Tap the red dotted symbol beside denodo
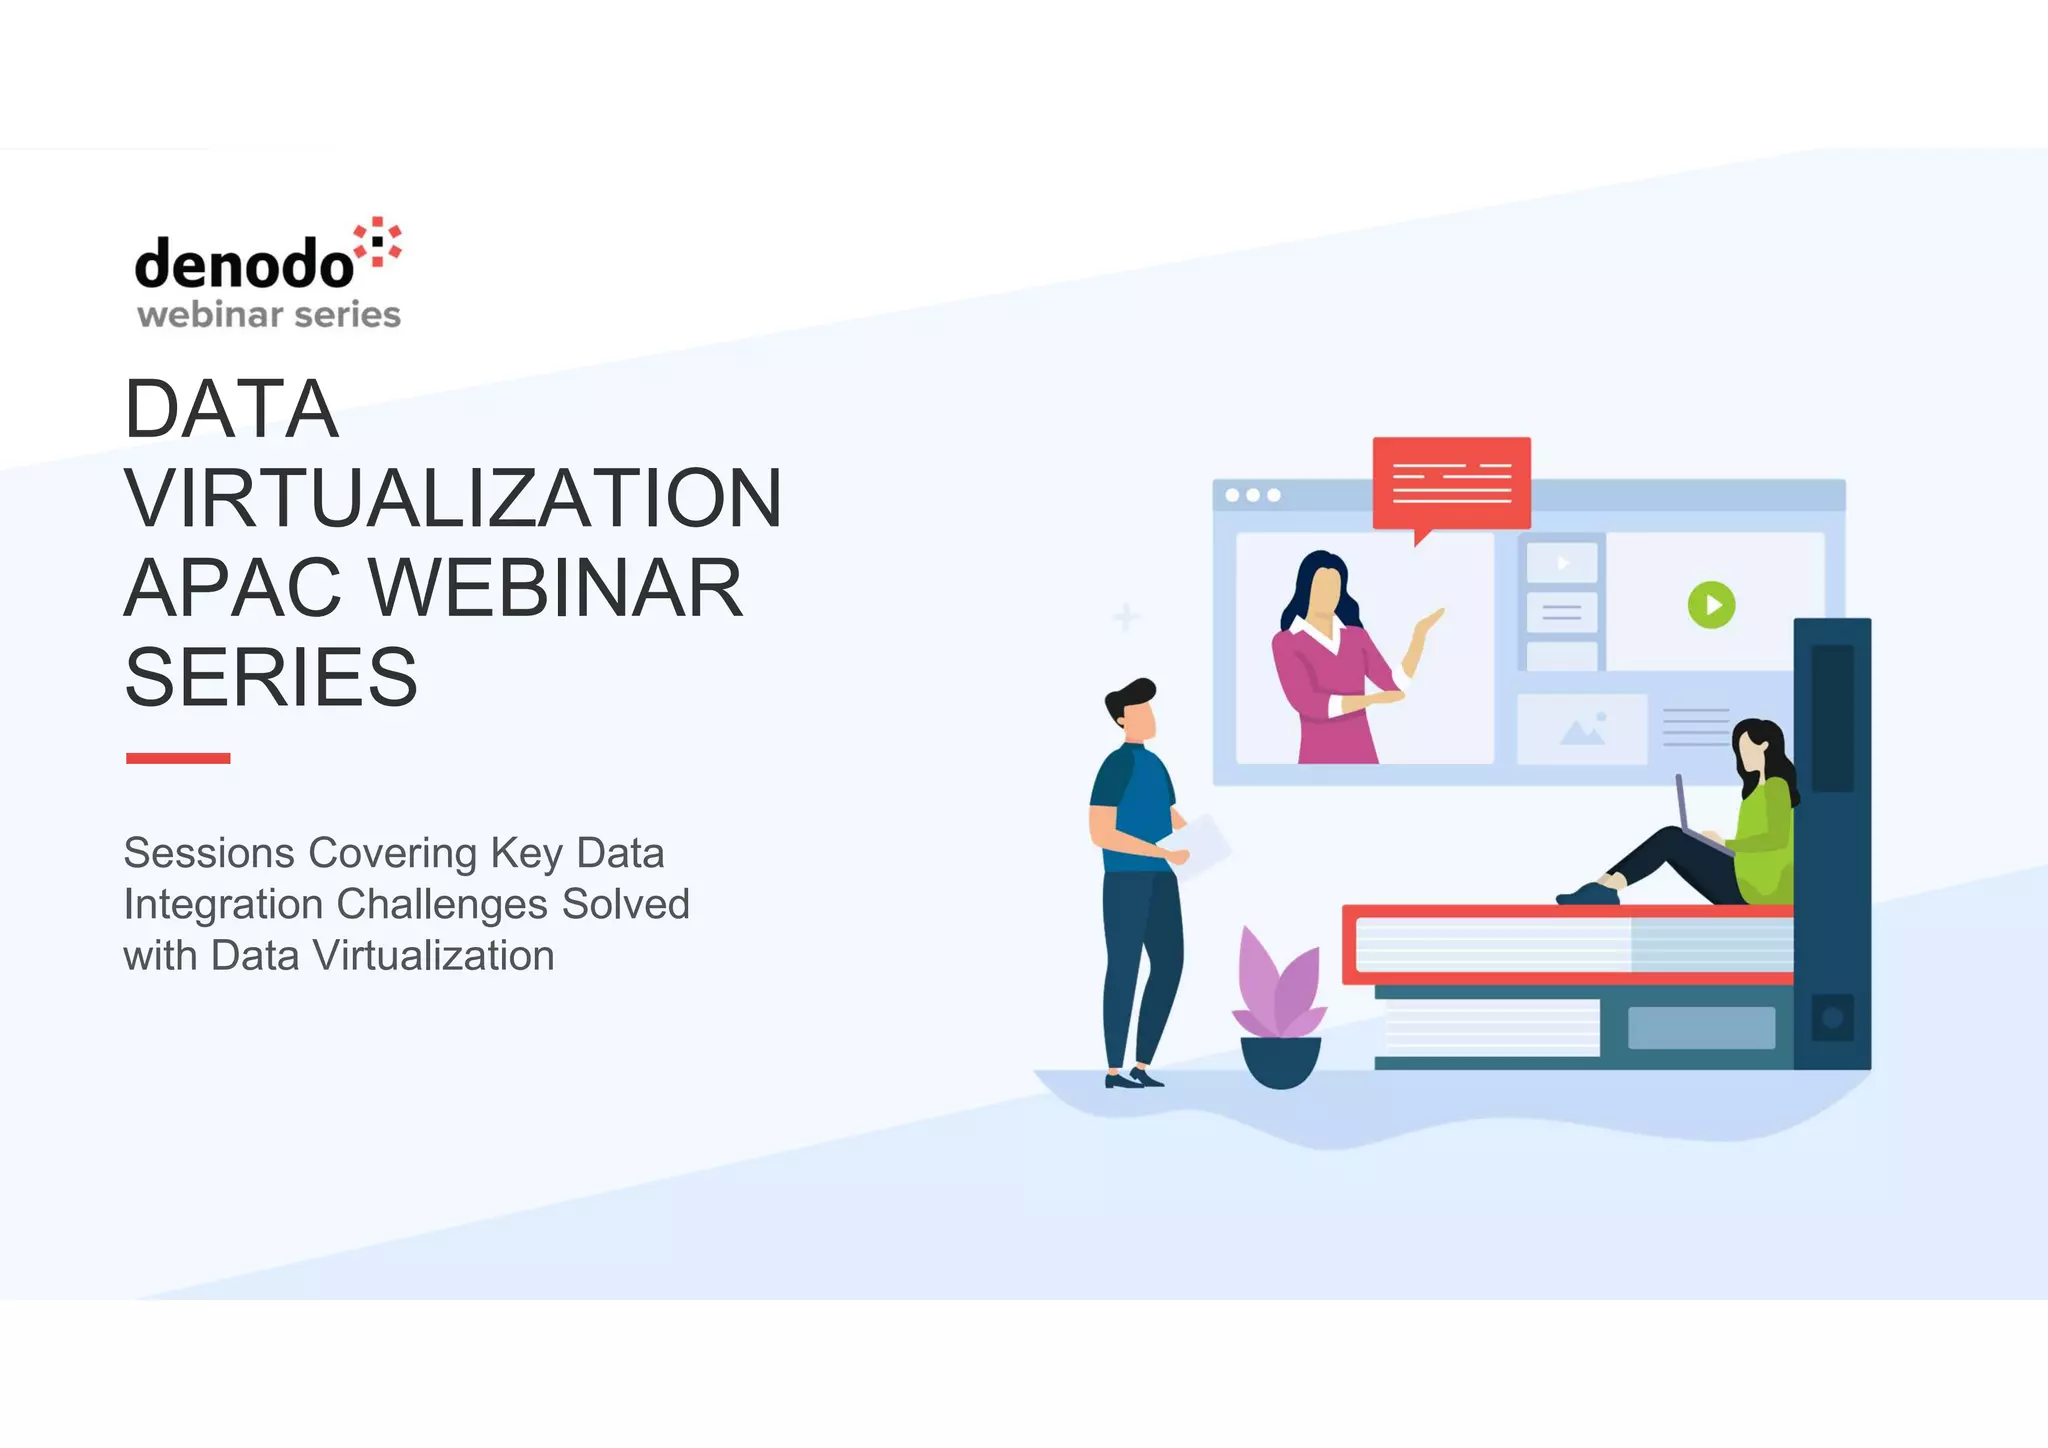click(379, 243)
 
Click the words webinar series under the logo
click(269, 315)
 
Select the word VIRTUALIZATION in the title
click(452, 498)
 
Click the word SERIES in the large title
click(271, 677)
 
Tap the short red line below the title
click(178, 758)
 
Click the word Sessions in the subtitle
click(208, 853)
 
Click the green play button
click(1711, 605)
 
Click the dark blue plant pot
click(1280, 1062)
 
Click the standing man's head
click(1134, 706)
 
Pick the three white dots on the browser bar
click(1252, 495)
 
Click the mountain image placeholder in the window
click(1582, 729)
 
